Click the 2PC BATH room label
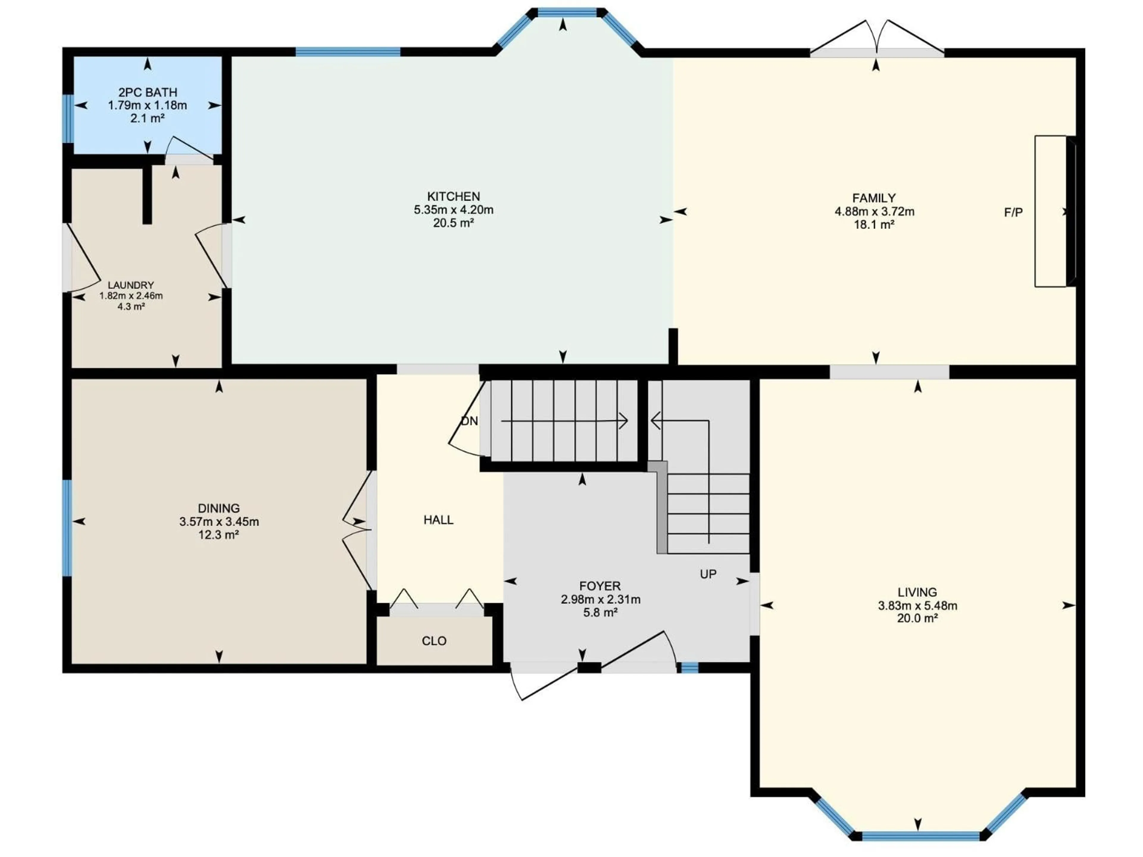coord(147,93)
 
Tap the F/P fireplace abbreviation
coord(1013,212)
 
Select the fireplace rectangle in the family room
coord(1050,211)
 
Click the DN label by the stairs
coord(469,421)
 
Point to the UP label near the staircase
coord(708,574)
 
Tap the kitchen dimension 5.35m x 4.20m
coord(453,210)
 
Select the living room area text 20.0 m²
coord(917,618)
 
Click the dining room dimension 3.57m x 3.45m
coord(219,522)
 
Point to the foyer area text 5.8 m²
coord(600,613)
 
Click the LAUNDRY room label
coord(131,285)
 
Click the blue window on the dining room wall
coord(67,527)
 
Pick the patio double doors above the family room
coord(877,39)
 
